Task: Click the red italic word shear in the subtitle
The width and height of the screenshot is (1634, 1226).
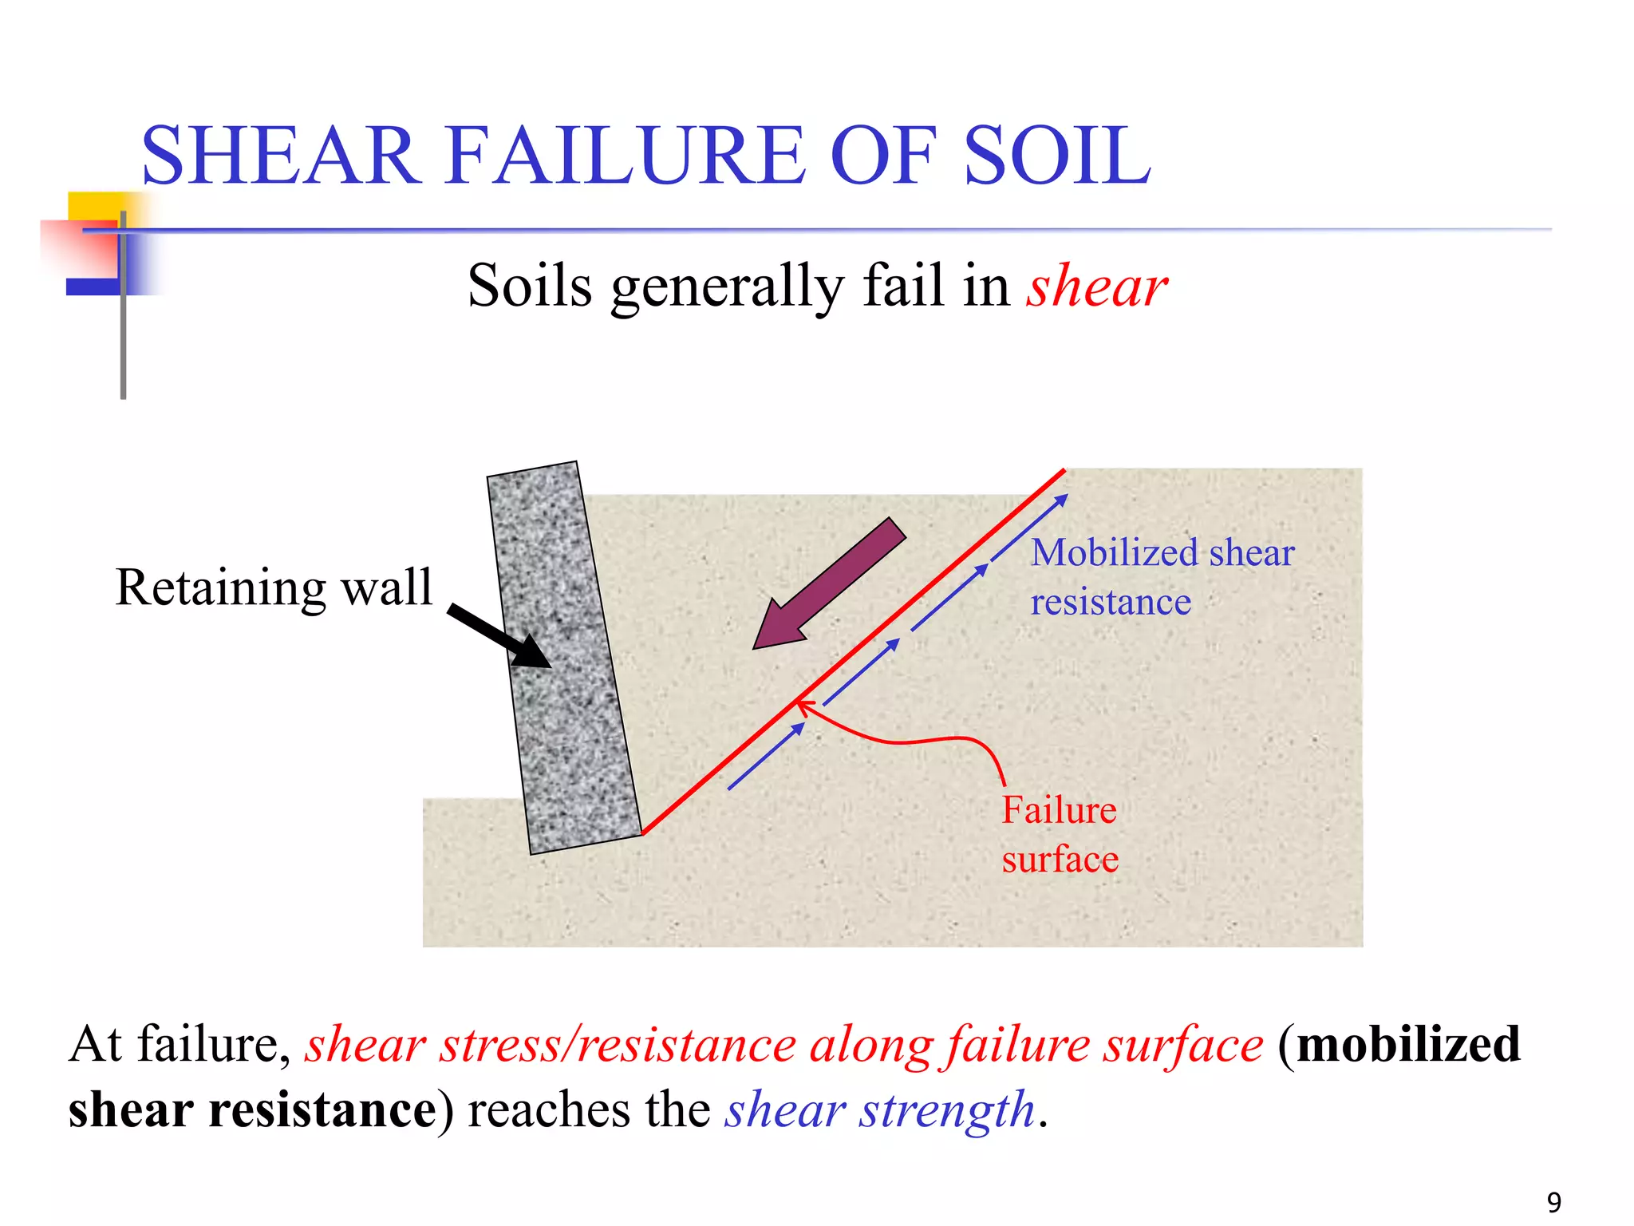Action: pos(1097,287)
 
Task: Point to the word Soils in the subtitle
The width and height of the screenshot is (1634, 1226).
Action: pos(530,287)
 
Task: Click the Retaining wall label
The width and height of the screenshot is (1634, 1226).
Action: pos(274,588)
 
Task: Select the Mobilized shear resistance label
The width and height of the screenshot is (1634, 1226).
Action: pos(1161,577)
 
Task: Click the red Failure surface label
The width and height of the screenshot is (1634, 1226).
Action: pos(1060,835)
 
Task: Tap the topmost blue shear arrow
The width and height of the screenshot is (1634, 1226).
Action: pos(1029,526)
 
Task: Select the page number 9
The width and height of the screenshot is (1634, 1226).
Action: pos(1553,1202)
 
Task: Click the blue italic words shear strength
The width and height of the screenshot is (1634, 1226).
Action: pos(880,1110)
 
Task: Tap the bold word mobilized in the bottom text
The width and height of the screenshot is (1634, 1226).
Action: pos(1408,1045)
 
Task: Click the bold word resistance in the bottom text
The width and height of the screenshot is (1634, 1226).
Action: pos(323,1110)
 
